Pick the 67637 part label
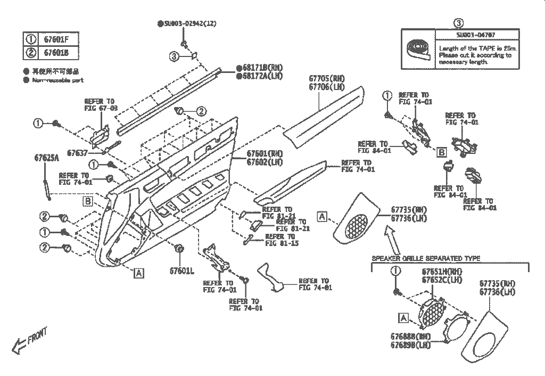click(x=78, y=153)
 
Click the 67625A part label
click(x=47, y=159)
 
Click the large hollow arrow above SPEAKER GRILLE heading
click(x=394, y=240)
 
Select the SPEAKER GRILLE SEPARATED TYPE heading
click(x=426, y=258)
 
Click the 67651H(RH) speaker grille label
click(x=442, y=272)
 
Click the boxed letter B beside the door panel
click(x=88, y=201)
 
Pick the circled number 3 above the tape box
click(x=459, y=23)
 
